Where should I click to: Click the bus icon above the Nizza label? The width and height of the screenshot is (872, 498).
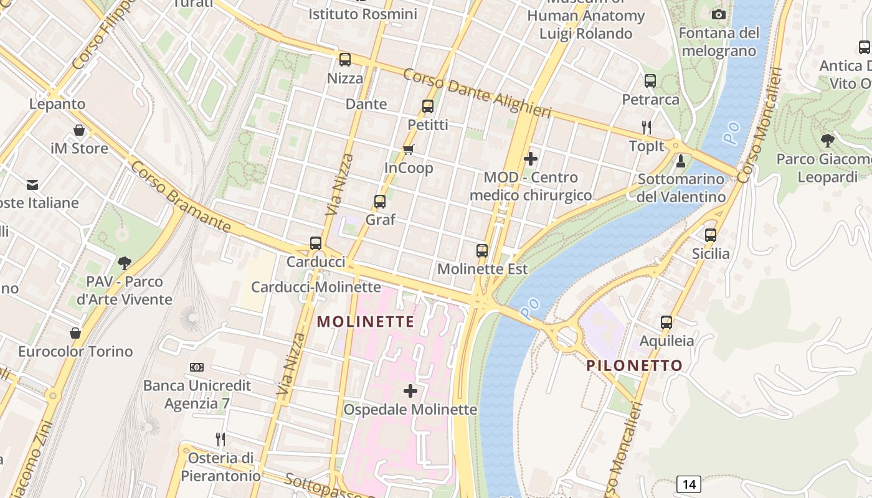pos(344,60)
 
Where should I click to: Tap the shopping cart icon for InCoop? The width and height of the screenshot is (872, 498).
pos(409,149)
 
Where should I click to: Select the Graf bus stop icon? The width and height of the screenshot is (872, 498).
pos(380,202)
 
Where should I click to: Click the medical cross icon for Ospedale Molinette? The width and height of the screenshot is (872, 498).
pos(410,391)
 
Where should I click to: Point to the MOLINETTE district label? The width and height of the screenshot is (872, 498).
pos(366,322)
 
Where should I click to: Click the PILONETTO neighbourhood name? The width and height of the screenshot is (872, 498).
pos(635,365)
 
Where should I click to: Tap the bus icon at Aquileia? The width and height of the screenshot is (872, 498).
pos(666,322)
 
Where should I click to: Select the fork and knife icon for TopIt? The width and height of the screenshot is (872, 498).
pos(647,128)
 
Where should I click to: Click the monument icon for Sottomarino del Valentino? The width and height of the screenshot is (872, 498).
pos(681,161)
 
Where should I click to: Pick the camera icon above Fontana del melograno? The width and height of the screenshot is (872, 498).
pos(719,14)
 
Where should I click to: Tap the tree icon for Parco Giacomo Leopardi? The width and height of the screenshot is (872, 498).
pos(827,141)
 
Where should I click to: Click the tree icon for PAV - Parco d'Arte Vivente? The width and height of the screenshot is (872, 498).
pos(125,263)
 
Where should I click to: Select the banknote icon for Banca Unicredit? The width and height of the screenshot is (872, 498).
pos(197,367)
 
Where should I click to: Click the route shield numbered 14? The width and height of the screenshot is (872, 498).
pos(688,484)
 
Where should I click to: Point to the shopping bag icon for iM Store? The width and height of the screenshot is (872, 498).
pos(79,130)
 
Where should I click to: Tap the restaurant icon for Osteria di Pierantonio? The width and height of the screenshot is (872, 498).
pos(220,439)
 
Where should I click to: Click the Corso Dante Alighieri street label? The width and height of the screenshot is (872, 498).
pos(477,93)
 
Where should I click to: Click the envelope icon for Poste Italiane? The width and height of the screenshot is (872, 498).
pos(32,184)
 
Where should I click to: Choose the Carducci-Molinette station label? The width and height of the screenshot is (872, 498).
pos(315,287)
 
